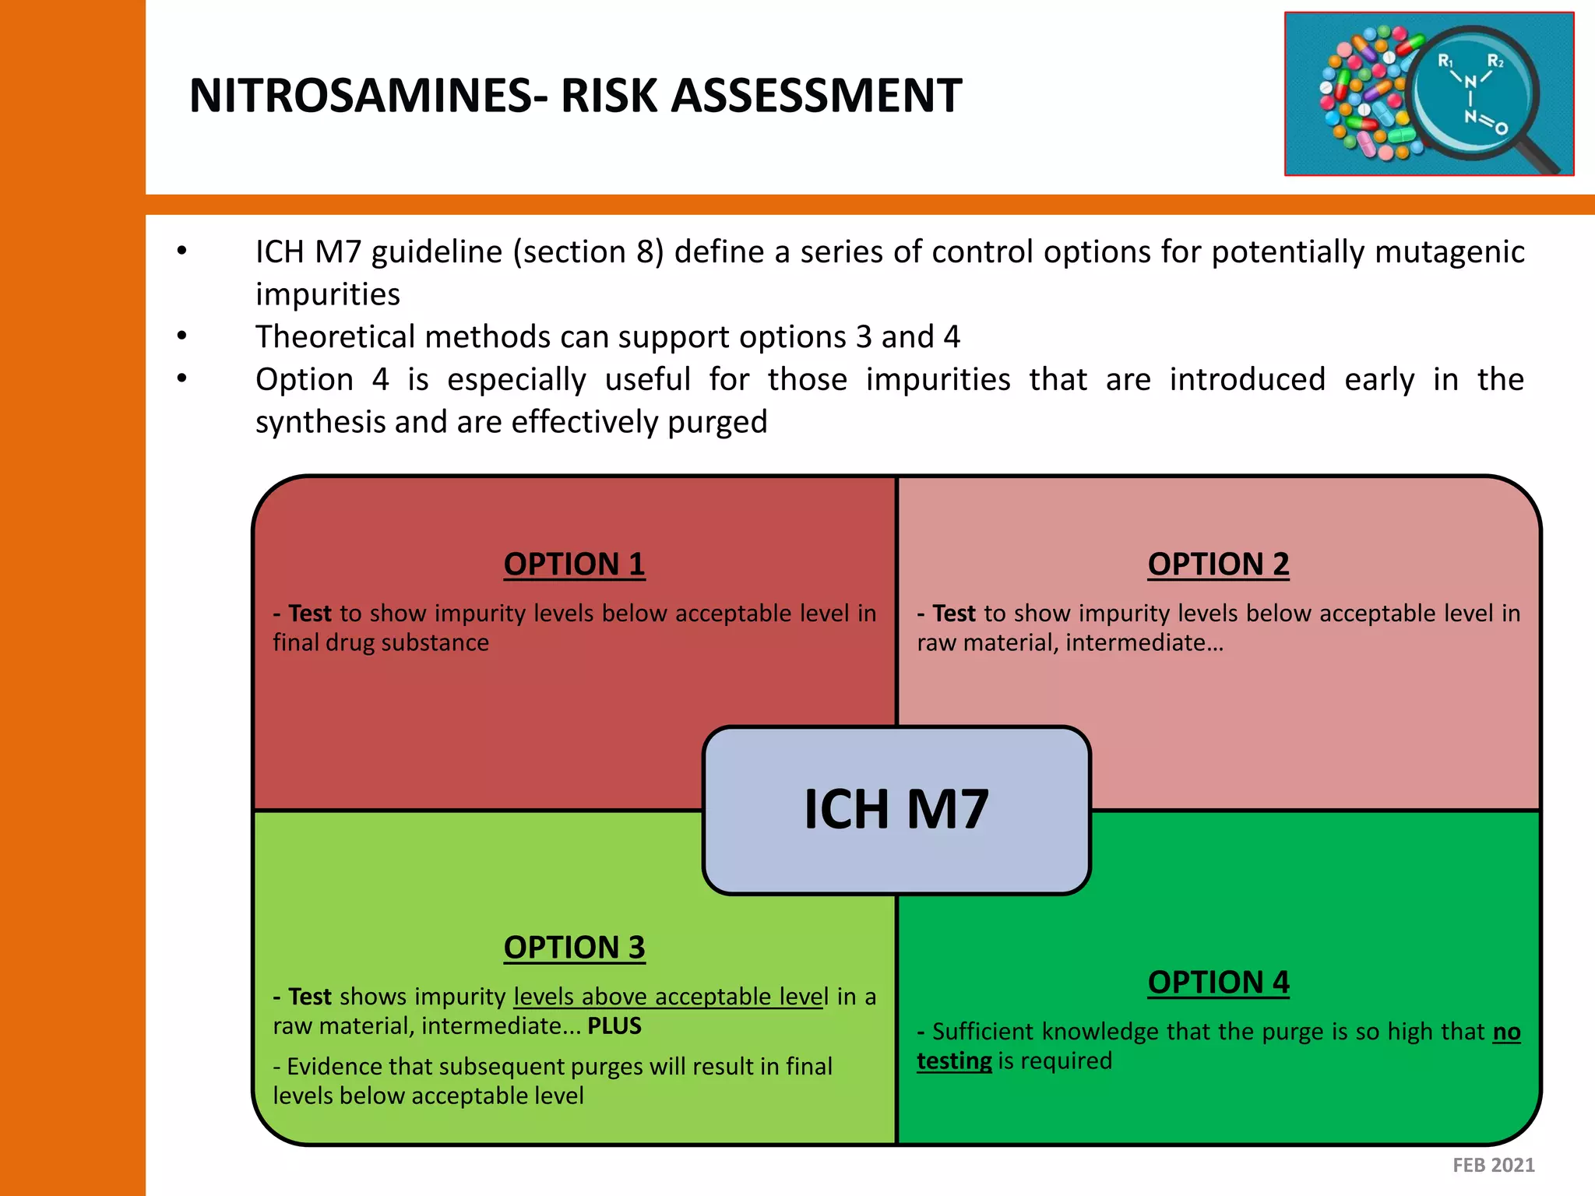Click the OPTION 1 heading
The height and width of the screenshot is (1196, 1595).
pyautogui.click(x=574, y=564)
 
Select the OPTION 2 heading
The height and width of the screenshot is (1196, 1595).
pyautogui.click(x=1218, y=564)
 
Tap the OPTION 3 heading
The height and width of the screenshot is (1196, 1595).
pyautogui.click(x=574, y=947)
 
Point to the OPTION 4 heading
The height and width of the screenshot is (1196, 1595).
pyautogui.click(x=1218, y=982)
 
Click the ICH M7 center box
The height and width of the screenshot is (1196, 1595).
pyautogui.click(x=896, y=810)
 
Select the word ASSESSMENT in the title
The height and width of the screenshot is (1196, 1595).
pyautogui.click(x=816, y=96)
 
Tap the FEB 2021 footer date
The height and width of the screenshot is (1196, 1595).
pyautogui.click(x=1493, y=1165)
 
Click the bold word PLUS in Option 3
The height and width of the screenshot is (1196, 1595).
pyautogui.click(x=614, y=1026)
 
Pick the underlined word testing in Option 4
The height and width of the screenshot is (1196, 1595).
pyautogui.click(x=954, y=1061)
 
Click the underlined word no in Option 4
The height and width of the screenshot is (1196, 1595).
pyautogui.click(x=1506, y=1032)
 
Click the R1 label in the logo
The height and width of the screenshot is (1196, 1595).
pyautogui.click(x=1445, y=61)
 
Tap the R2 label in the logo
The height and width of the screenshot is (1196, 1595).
pyautogui.click(x=1495, y=61)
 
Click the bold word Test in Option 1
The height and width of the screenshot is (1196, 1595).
pyautogui.click(x=310, y=614)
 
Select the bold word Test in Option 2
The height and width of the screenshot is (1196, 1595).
pyautogui.click(x=954, y=614)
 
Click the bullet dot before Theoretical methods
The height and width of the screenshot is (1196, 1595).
pyautogui.click(x=182, y=336)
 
